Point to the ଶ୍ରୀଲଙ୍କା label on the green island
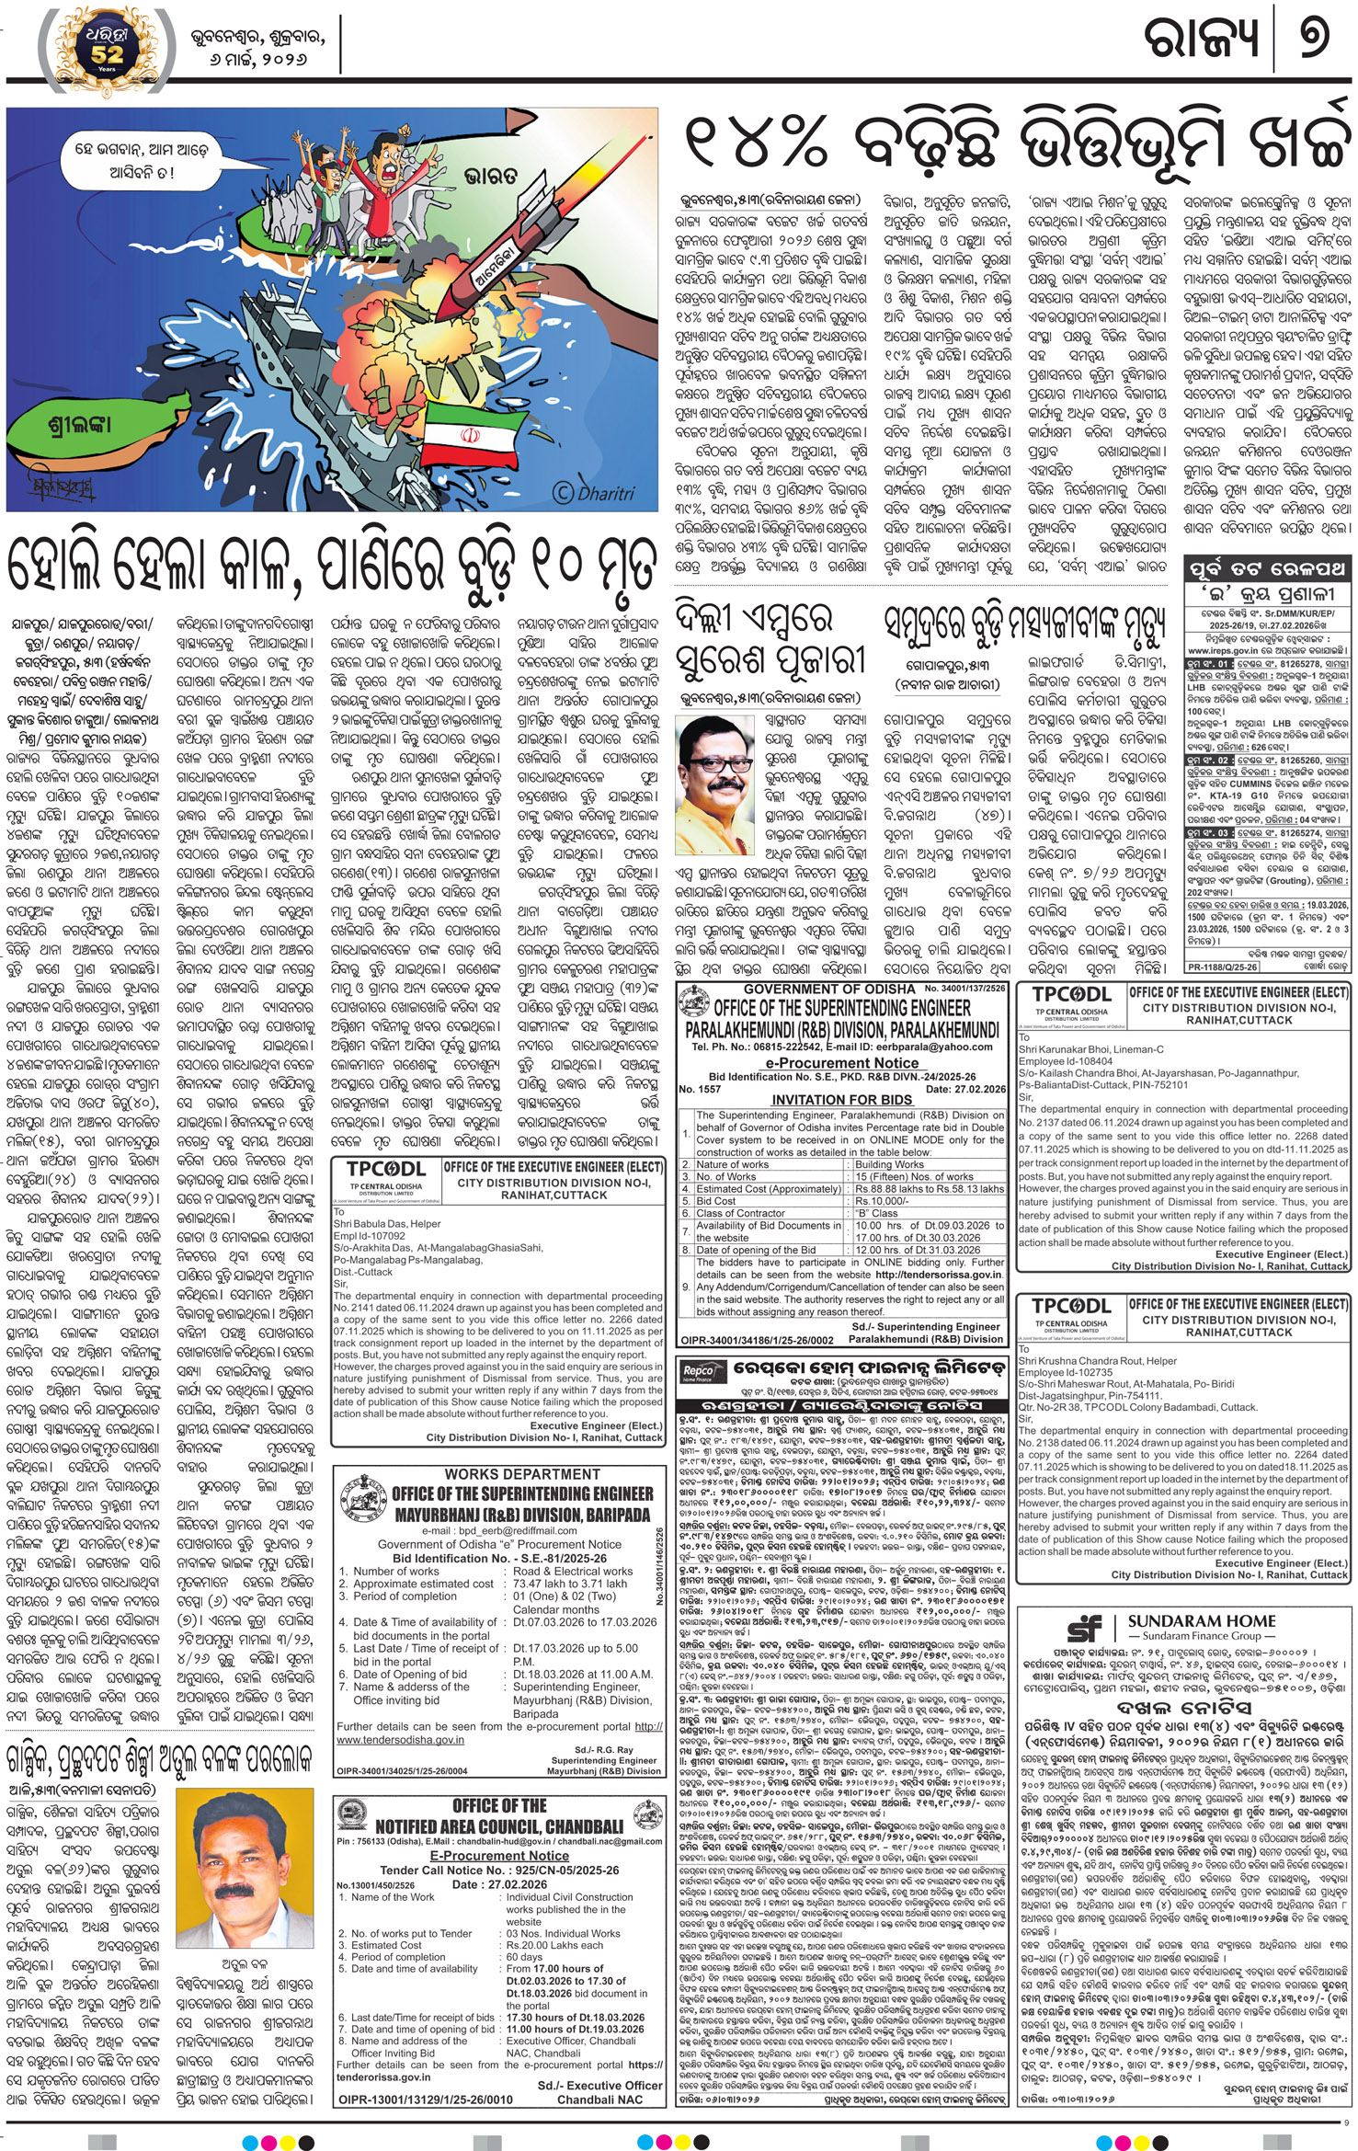pos(81,425)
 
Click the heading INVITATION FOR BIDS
pos(841,1100)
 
